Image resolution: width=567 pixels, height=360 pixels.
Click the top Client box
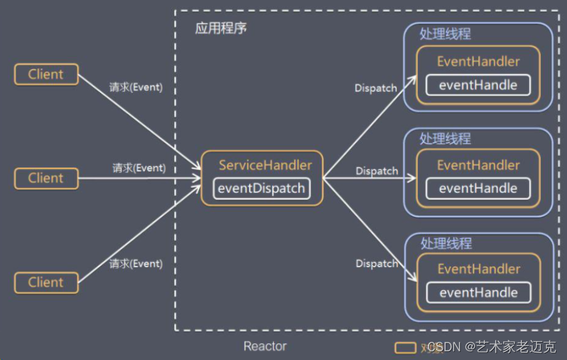(x=46, y=75)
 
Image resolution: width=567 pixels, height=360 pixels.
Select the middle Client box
(x=46, y=179)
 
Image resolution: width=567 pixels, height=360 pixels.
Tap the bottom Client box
(x=46, y=283)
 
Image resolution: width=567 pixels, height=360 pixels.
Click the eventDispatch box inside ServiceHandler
(x=262, y=189)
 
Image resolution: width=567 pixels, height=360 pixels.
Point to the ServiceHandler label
(x=265, y=165)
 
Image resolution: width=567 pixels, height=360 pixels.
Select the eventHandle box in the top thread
(x=478, y=85)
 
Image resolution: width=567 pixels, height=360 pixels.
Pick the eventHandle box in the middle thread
(x=478, y=189)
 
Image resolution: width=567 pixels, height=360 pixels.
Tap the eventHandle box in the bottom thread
(x=478, y=293)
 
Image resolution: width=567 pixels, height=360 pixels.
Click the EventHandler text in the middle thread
(x=478, y=165)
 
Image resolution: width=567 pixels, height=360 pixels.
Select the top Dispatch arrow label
(x=376, y=88)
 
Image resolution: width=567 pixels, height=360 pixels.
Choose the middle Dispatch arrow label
(x=377, y=171)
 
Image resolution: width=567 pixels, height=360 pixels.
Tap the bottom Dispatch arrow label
(x=377, y=263)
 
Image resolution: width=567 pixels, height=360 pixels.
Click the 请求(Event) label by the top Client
(x=136, y=87)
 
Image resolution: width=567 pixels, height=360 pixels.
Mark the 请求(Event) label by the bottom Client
(x=136, y=264)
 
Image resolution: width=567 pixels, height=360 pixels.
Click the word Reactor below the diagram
(x=265, y=347)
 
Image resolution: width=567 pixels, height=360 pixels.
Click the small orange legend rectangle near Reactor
(x=404, y=348)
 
